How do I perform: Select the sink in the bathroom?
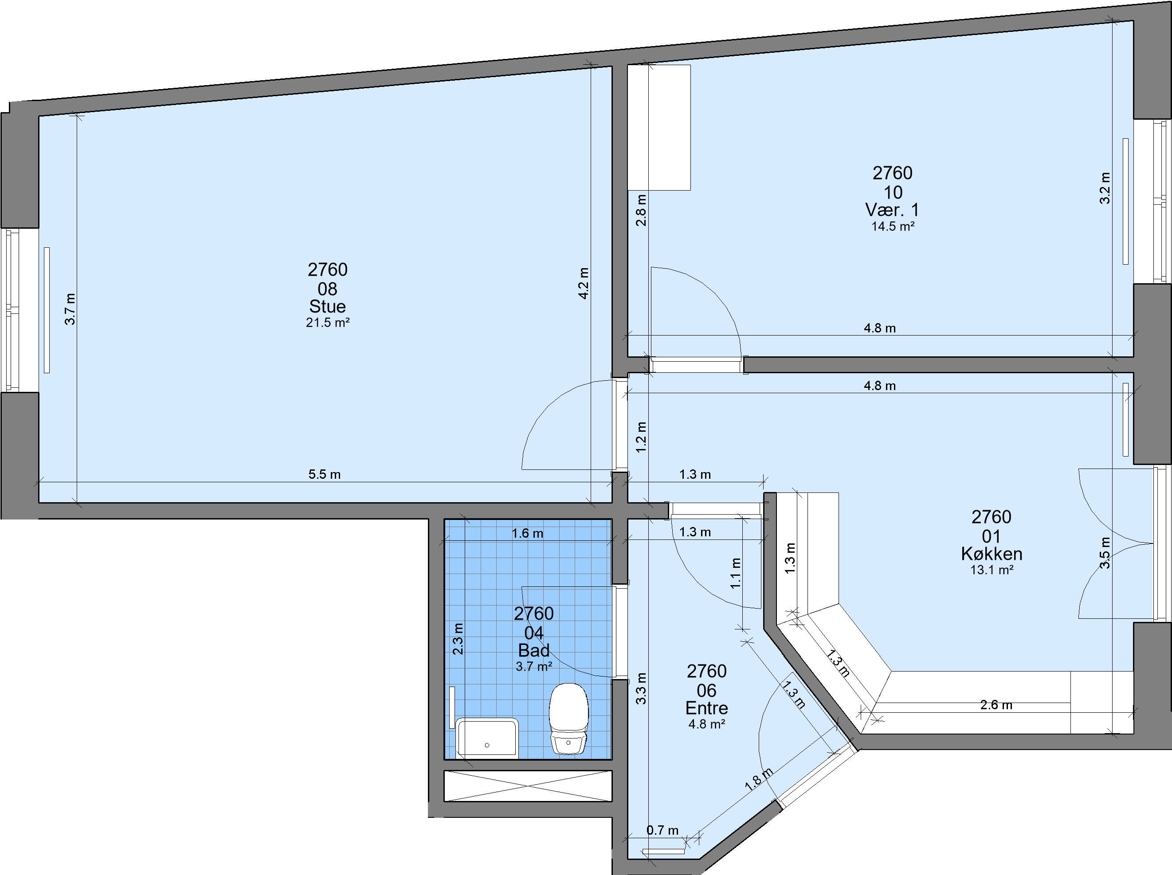point(486,738)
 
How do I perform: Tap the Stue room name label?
point(327,307)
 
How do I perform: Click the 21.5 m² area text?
point(327,323)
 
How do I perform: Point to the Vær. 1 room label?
point(892,210)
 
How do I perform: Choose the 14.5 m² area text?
point(893,226)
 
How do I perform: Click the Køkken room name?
point(992,554)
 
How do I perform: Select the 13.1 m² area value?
point(992,570)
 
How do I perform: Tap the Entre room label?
point(706,708)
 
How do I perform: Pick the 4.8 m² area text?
point(707,724)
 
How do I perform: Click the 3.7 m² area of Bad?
point(534,666)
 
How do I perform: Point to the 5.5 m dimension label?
point(324,474)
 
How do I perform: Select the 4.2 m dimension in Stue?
point(584,283)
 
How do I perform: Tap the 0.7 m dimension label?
point(662,830)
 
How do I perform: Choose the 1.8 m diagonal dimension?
point(759,779)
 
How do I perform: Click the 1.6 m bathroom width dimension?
point(527,533)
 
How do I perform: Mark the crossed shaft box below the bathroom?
point(528,786)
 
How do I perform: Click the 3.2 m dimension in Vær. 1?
point(1105,187)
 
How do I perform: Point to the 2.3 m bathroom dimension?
point(458,639)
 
